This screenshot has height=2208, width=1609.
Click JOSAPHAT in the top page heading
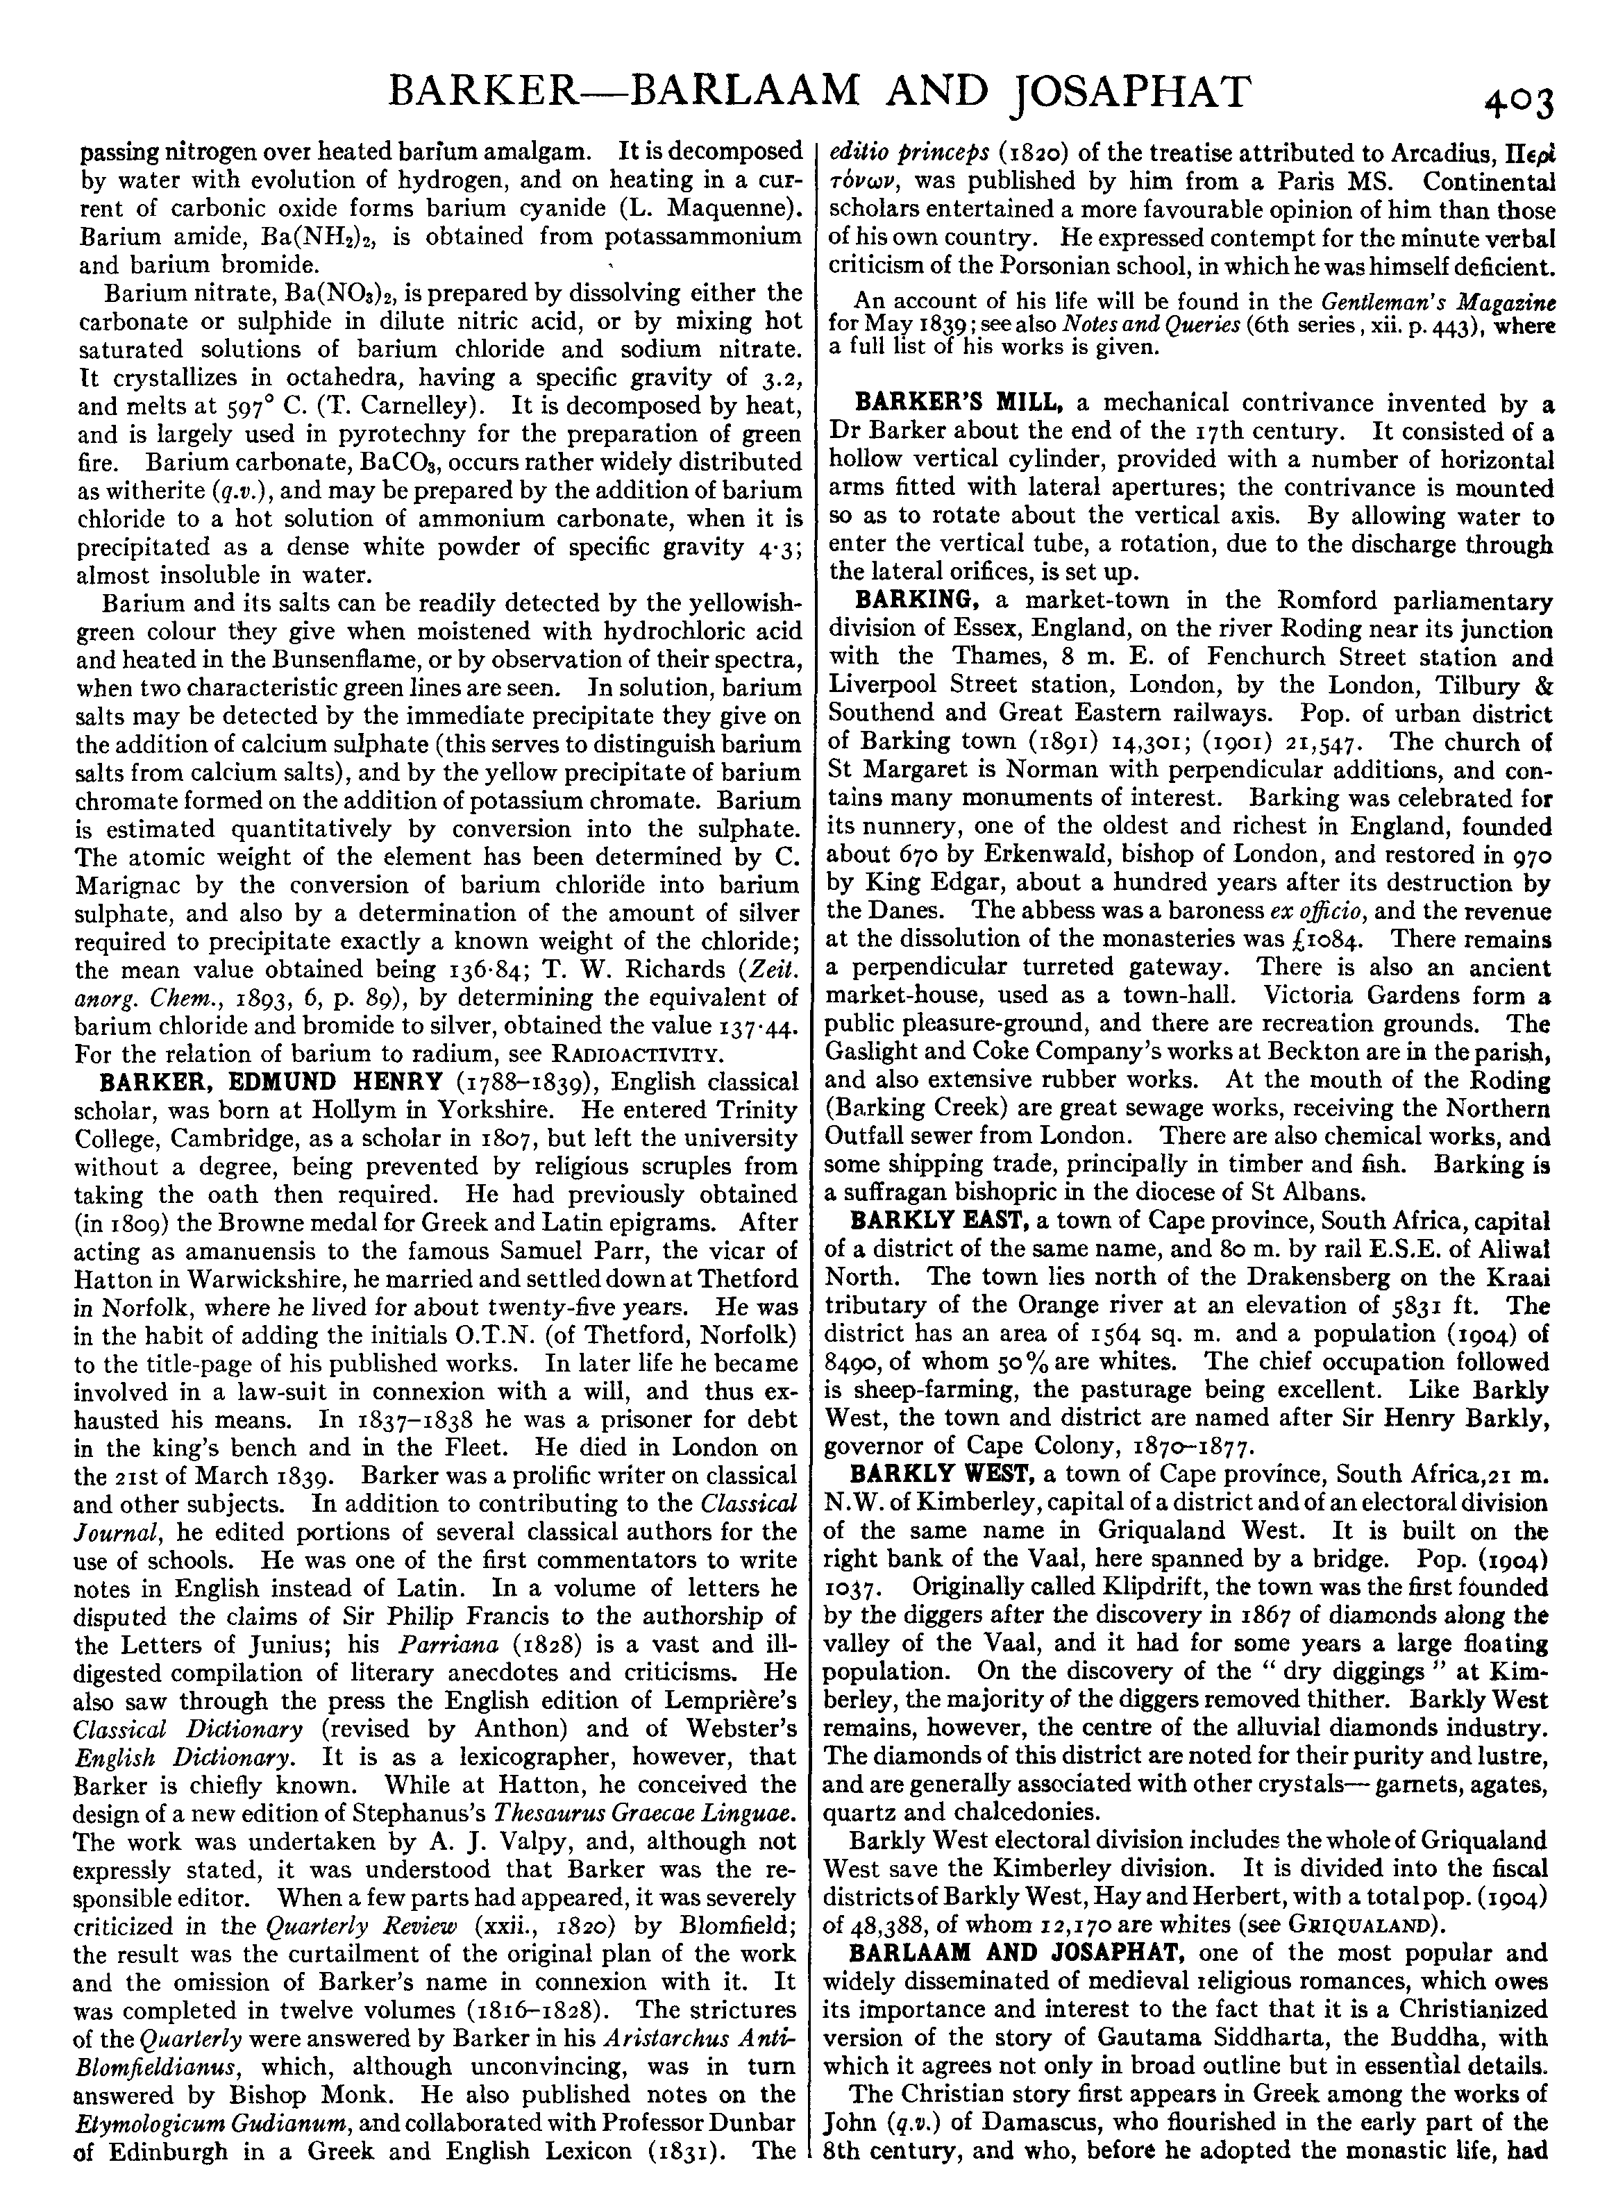click(x=1130, y=94)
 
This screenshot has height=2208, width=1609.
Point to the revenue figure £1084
click(x=1322, y=940)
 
